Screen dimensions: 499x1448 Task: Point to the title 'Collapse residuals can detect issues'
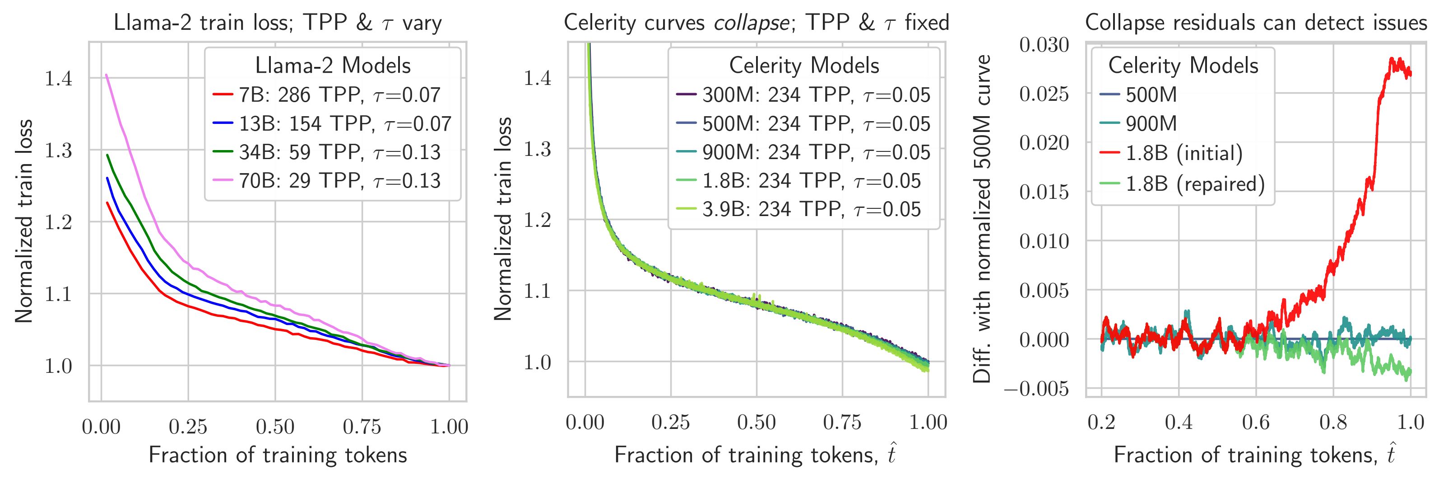coord(1256,23)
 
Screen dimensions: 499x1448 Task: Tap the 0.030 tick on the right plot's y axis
coord(1044,44)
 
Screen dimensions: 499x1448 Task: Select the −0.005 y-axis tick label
coord(1036,389)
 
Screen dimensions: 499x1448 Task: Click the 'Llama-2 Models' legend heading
coord(333,66)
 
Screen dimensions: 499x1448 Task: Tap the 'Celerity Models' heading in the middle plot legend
coord(804,66)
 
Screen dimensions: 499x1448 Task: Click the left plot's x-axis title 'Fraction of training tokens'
coord(278,455)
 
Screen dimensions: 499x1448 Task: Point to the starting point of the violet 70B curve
coord(106,75)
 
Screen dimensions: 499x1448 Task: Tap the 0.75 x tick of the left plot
coord(362,428)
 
